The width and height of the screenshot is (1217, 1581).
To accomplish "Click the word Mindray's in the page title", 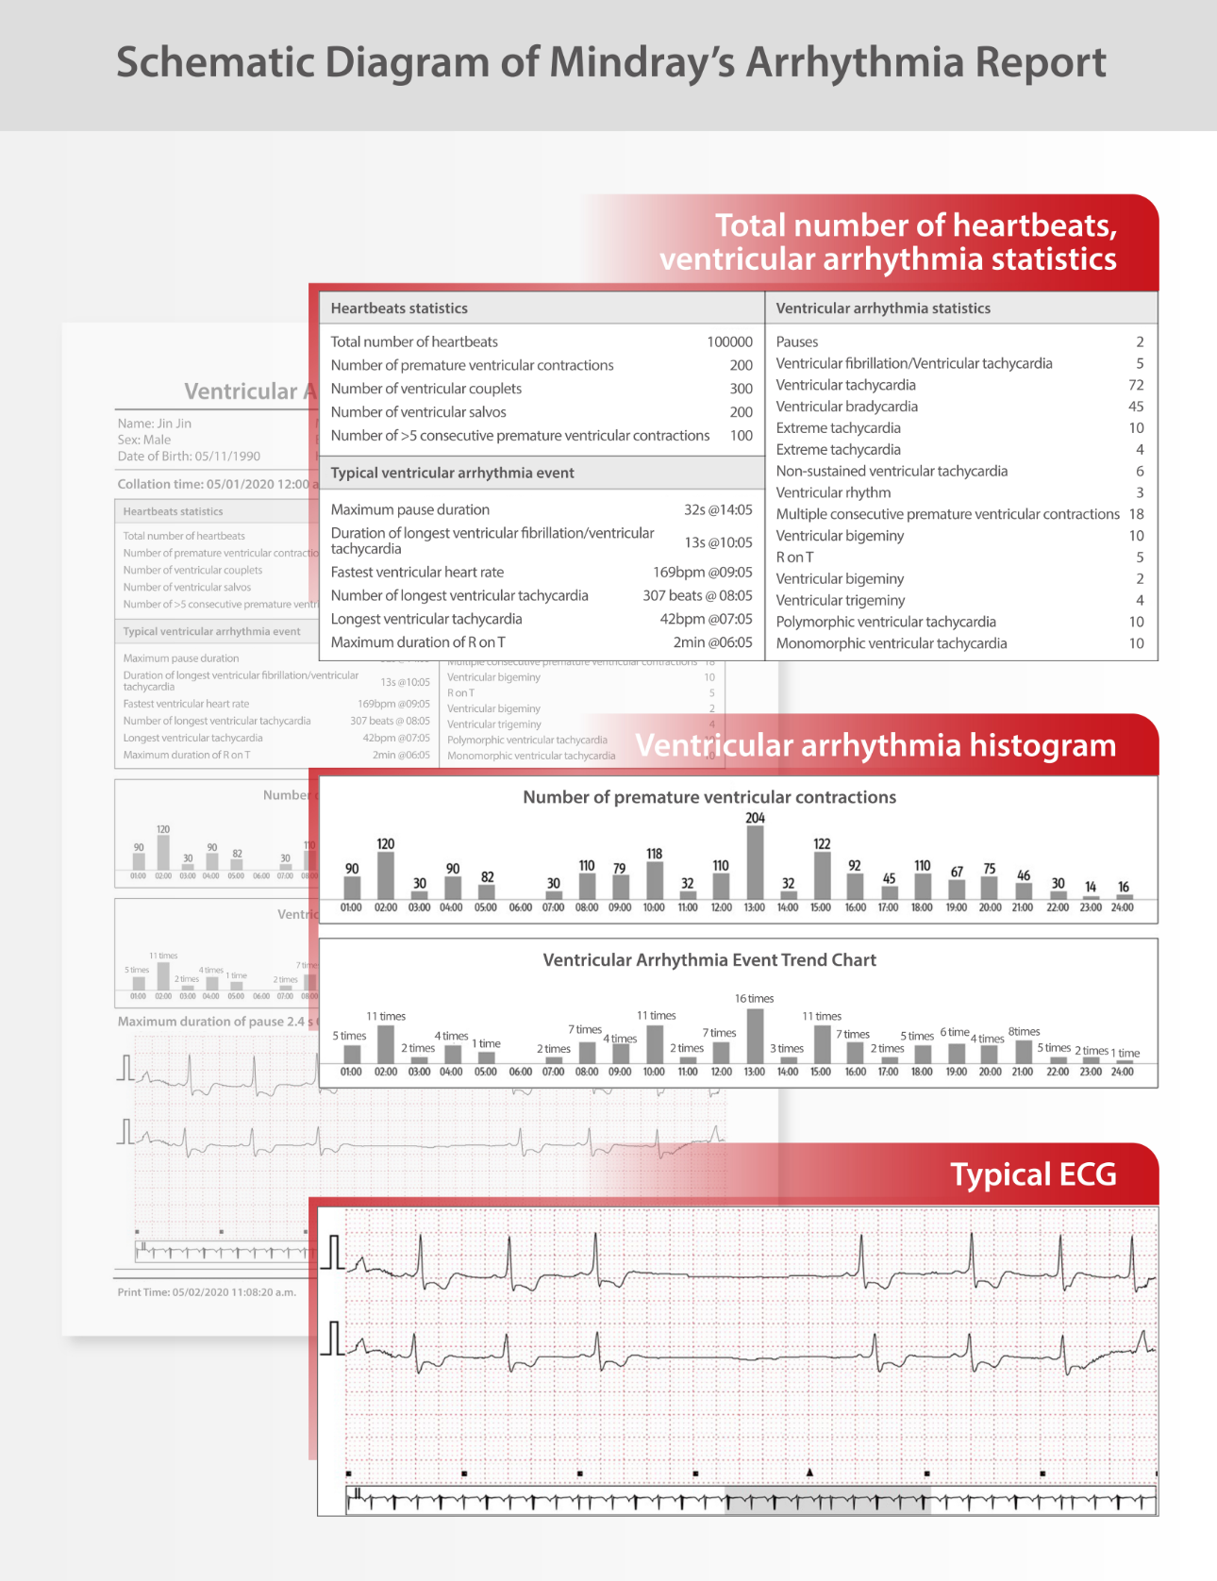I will click(x=642, y=63).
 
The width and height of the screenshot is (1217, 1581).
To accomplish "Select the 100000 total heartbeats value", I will click(x=729, y=342).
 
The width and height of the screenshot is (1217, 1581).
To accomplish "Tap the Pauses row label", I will click(x=797, y=342).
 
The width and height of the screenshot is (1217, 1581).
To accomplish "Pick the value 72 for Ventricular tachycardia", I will click(x=1136, y=385).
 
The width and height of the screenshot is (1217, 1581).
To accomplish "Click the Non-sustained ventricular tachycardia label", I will click(x=892, y=472).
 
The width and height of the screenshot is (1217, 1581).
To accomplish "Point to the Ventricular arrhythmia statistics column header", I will click(x=883, y=308).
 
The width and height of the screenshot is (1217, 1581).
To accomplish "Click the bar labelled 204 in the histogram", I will click(x=755, y=862).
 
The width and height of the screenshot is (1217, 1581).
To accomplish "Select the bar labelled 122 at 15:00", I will click(x=822, y=875).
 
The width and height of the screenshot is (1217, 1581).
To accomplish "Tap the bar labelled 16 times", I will click(x=755, y=1036).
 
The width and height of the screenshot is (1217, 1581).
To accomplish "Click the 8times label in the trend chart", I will click(x=1024, y=1032).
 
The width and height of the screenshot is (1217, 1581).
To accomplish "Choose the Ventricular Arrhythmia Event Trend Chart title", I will click(x=709, y=960).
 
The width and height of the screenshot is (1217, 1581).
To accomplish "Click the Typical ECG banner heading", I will click(x=1033, y=1175).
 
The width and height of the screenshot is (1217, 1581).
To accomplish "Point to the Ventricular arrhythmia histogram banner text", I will click(x=875, y=746).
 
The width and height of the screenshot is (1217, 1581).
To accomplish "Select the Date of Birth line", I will click(x=189, y=457).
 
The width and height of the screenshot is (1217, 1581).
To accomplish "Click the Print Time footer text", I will click(x=207, y=1292).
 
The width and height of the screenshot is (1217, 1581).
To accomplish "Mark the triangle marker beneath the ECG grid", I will click(x=809, y=1472).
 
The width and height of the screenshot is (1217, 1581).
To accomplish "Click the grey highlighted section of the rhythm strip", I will click(x=827, y=1501).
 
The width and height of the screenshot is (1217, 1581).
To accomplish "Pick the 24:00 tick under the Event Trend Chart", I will click(x=1123, y=1072).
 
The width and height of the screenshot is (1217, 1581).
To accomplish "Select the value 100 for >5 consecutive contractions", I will click(x=742, y=436).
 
